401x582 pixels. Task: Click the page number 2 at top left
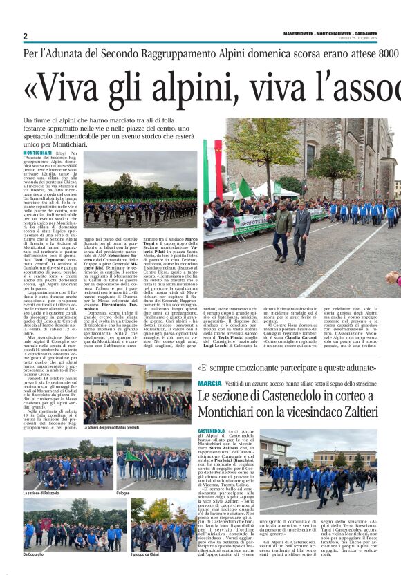[x=25, y=36]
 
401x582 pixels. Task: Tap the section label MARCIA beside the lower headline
[x=209, y=382]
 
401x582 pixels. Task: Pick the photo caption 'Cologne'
[x=123, y=493]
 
